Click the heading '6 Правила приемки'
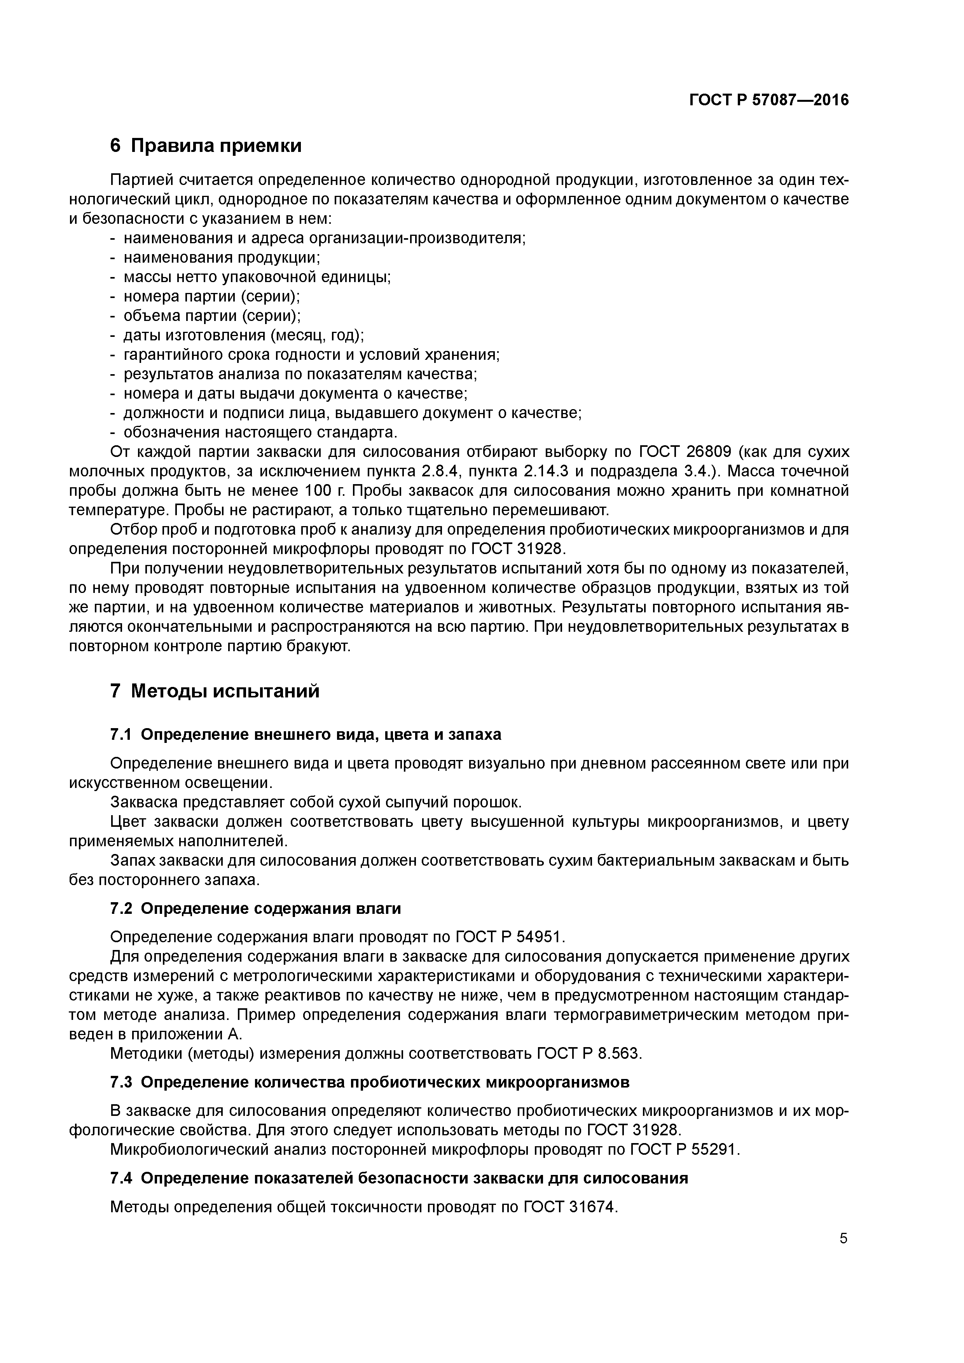click(206, 145)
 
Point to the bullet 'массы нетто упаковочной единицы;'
click(257, 277)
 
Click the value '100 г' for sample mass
click(328, 491)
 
